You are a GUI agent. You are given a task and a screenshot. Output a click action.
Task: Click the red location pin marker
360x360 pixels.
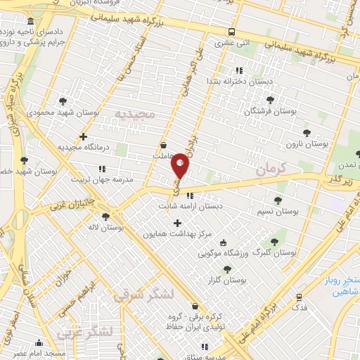coord(181,165)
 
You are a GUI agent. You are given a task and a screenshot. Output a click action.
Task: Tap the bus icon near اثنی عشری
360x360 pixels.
coord(231,32)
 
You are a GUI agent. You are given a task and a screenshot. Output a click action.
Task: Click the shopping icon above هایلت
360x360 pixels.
coord(163,146)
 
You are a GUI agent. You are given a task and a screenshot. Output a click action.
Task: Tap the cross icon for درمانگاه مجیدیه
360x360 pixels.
coord(84,136)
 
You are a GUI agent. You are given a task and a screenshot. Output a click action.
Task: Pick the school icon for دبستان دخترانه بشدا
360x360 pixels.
coord(238,70)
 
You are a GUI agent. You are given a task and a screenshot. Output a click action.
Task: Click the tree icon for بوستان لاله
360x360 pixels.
coord(105,217)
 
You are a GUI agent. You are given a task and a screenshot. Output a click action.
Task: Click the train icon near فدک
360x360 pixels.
coord(300,298)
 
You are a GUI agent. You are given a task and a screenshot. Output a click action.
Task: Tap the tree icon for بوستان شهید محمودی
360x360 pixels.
coord(63,101)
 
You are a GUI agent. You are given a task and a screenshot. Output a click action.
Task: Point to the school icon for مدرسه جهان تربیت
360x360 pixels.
coord(103,169)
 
